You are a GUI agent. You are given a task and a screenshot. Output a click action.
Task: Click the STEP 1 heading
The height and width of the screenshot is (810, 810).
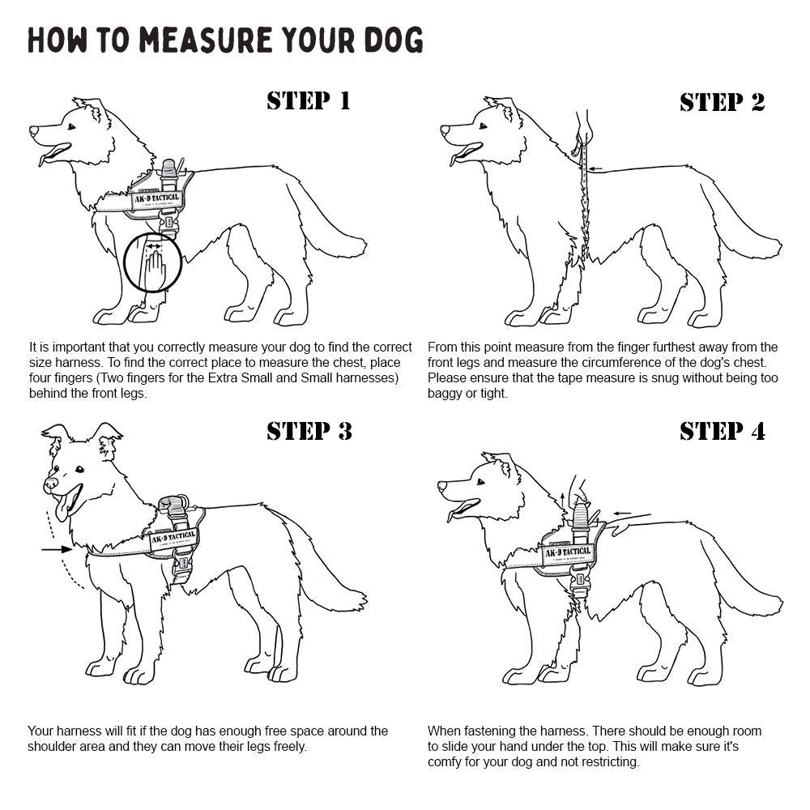(309, 100)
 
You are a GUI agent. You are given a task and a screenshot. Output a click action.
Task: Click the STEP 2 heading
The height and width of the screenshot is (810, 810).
(722, 102)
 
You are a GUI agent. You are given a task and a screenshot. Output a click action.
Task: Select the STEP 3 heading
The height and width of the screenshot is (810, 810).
(309, 431)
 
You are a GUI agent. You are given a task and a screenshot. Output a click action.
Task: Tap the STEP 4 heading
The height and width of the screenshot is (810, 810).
(722, 431)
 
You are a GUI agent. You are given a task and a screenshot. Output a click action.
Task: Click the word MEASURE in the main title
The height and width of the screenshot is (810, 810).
(190, 40)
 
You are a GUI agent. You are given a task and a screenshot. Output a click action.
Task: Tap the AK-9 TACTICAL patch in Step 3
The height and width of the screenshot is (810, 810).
(172, 536)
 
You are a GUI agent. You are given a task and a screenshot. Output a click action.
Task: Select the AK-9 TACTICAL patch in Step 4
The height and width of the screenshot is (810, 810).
(568, 552)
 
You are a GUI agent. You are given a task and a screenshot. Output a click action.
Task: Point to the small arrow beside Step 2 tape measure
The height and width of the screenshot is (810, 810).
(596, 169)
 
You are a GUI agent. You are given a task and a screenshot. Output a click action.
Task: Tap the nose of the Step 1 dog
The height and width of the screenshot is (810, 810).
(33, 130)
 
